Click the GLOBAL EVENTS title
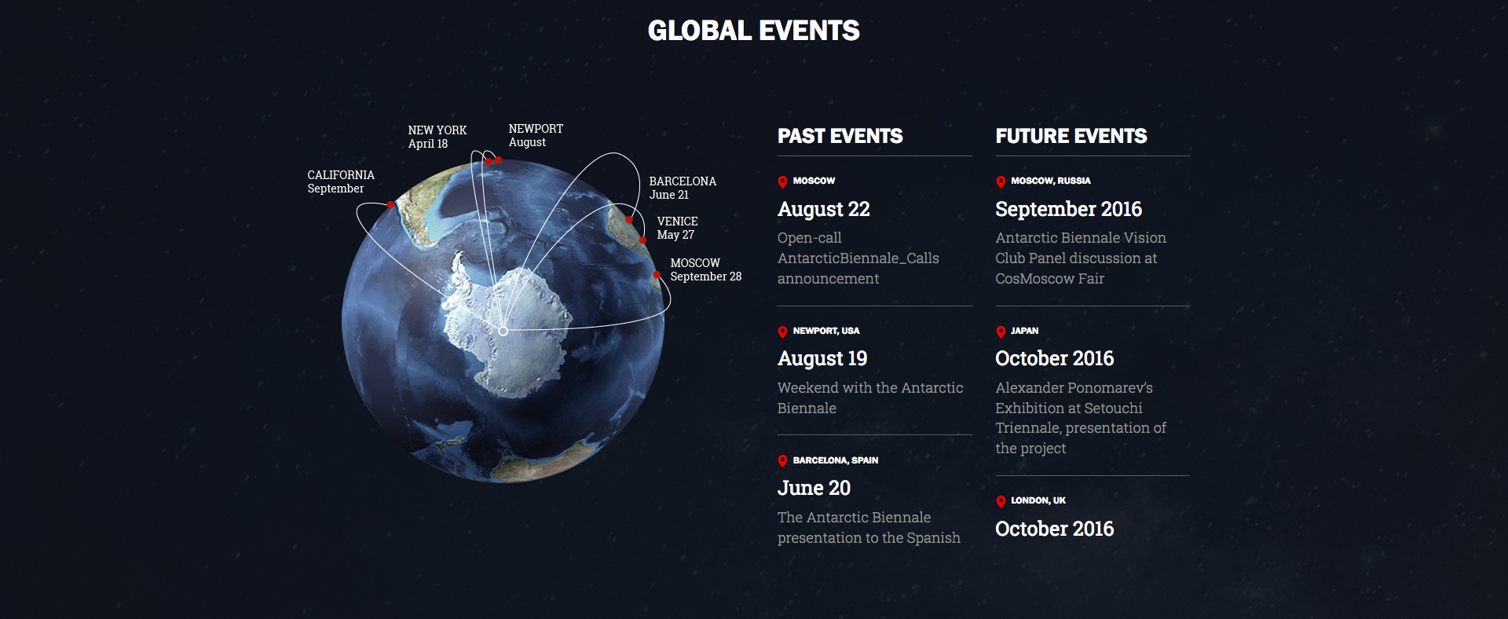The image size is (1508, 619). [x=754, y=31]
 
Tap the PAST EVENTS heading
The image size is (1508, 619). [x=840, y=136]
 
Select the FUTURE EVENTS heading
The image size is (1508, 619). [x=1071, y=136]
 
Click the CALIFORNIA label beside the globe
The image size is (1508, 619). [x=341, y=181]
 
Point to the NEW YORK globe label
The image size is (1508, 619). [x=437, y=137]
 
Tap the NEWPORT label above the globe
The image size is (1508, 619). [x=536, y=135]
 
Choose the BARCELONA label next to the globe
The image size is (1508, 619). [x=683, y=188]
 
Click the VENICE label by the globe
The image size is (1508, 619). [x=677, y=228]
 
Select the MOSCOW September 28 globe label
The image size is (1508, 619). [x=706, y=269]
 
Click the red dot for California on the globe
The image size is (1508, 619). [x=390, y=205]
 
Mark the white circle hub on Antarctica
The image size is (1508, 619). [x=503, y=331]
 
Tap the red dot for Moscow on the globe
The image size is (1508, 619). [x=657, y=275]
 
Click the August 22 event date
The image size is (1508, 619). [x=824, y=210]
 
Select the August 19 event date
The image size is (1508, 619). [x=822, y=359]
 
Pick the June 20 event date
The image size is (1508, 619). [x=814, y=488]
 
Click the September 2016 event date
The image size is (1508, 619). [x=1068, y=209]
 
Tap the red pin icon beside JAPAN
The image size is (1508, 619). [x=1001, y=331]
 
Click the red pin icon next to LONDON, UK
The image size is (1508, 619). [x=1001, y=501]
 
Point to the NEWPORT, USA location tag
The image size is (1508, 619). [x=826, y=331]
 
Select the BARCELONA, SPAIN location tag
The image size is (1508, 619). [x=836, y=460]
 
